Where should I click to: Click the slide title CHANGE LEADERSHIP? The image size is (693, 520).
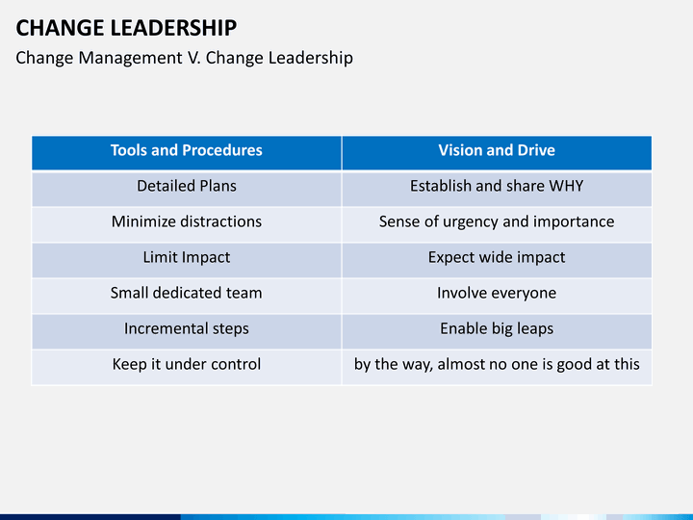click(x=126, y=27)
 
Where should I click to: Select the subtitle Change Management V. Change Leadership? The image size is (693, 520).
click(x=184, y=58)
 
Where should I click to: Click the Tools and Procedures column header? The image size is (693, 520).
click(x=186, y=150)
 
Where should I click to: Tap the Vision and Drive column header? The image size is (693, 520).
click(x=496, y=150)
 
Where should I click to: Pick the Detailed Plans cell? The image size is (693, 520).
click(x=186, y=186)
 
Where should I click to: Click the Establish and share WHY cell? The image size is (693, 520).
click(x=496, y=186)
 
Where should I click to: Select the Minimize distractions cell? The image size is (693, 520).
click(x=186, y=221)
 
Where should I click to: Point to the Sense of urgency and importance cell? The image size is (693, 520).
click(x=496, y=221)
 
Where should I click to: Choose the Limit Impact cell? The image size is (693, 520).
click(x=186, y=257)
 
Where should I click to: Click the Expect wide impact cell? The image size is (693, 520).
click(x=496, y=257)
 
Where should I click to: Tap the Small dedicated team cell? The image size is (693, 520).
click(x=186, y=293)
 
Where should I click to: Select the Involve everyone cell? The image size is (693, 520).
click(x=496, y=293)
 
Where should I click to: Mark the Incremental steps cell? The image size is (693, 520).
click(x=186, y=328)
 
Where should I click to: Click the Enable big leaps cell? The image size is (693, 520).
click(x=496, y=328)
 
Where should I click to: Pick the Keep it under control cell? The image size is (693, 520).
click(x=186, y=364)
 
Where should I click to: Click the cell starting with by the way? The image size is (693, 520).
click(x=496, y=364)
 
